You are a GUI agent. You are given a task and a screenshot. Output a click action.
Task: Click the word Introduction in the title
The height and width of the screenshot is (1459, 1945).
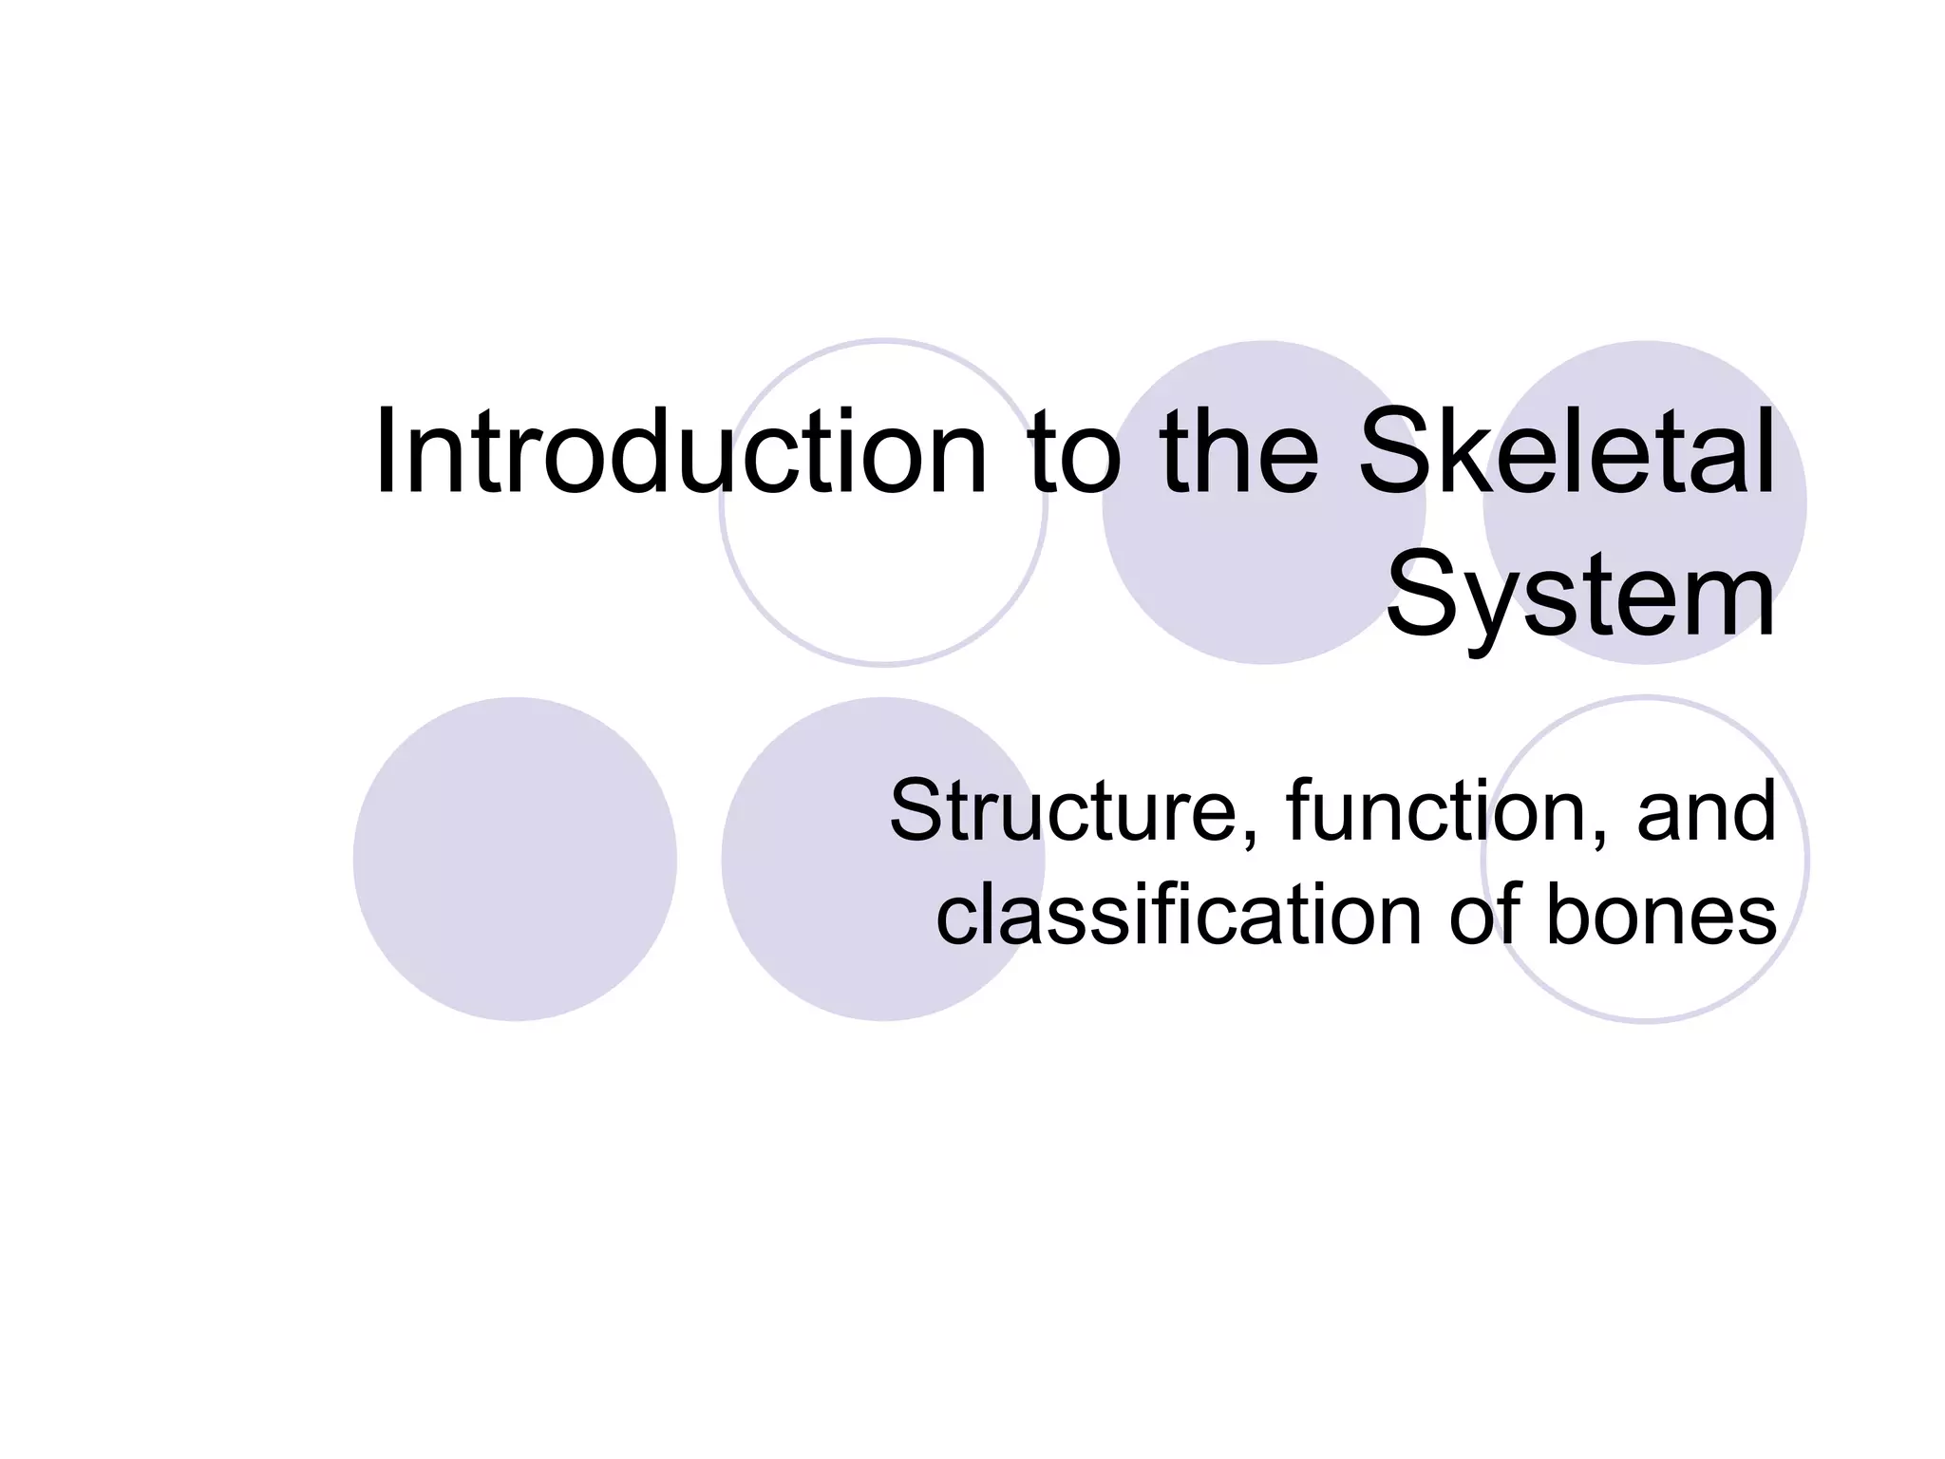pos(681,452)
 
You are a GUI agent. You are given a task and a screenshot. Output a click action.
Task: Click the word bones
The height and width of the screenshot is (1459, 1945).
pos(1661,915)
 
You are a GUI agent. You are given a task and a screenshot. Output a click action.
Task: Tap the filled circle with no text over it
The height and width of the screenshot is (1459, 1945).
pos(515,860)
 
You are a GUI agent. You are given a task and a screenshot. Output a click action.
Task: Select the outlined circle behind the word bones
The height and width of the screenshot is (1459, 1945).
pos(1645,978)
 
